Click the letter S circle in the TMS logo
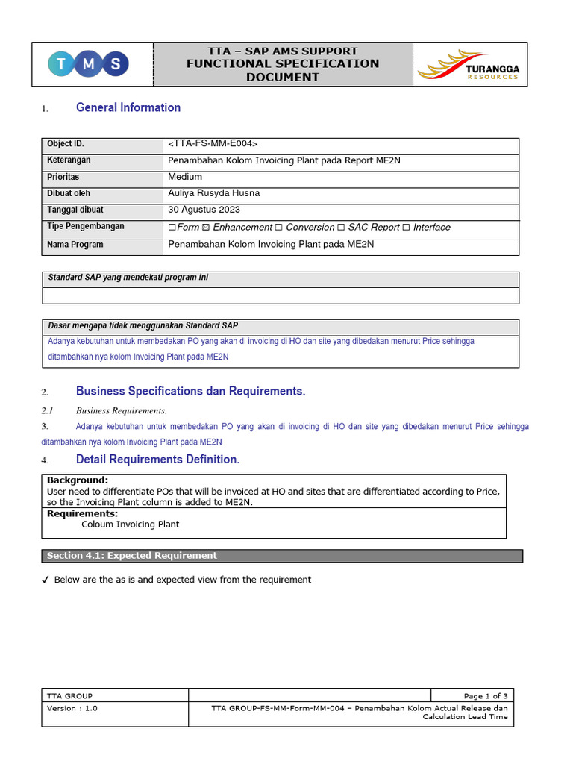click(115, 64)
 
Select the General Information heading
click(128, 107)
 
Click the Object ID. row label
click(71, 144)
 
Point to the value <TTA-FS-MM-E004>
click(214, 144)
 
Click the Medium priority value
click(185, 177)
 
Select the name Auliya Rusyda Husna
click(214, 193)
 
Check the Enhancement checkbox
click(207, 228)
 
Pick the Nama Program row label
click(75, 245)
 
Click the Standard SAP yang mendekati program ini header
click(128, 278)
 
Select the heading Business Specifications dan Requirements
click(191, 391)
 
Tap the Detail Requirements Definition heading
click(158, 460)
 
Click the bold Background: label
click(78, 480)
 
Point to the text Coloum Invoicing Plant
click(131, 525)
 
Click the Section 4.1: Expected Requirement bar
click(282, 556)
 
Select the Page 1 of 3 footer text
click(485, 696)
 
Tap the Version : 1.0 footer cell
click(73, 708)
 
